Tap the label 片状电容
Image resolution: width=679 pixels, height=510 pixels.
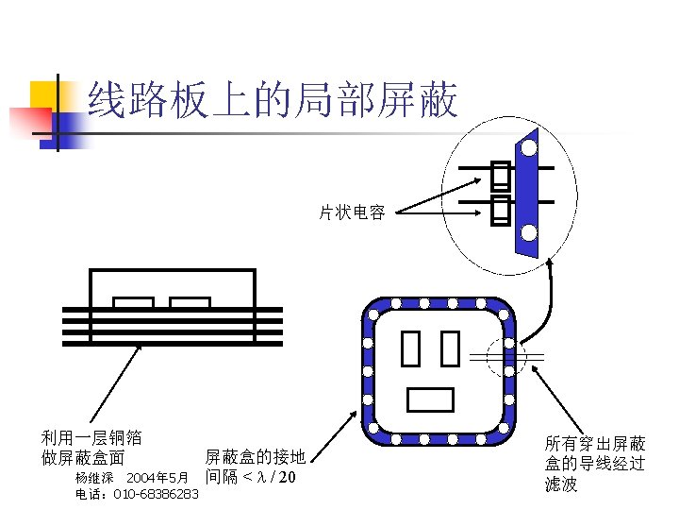[351, 213]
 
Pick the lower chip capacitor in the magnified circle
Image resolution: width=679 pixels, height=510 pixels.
[500, 211]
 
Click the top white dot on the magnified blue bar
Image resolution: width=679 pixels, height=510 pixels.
[529, 148]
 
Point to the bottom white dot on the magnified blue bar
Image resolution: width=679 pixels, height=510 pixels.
[529, 232]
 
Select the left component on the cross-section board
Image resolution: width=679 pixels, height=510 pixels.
[133, 302]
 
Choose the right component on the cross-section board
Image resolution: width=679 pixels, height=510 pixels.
[190, 302]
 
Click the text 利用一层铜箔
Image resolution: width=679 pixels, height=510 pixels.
[91, 437]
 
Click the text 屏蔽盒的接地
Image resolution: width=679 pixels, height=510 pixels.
[255, 457]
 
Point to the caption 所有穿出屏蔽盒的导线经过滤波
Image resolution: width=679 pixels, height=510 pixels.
[595, 464]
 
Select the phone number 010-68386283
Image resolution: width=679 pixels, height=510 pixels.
[156, 494]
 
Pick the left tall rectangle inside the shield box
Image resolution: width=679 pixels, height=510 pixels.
[410, 348]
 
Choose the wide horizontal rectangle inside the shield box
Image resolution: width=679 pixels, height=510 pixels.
[430, 400]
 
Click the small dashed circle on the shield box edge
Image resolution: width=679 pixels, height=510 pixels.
[499, 354]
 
